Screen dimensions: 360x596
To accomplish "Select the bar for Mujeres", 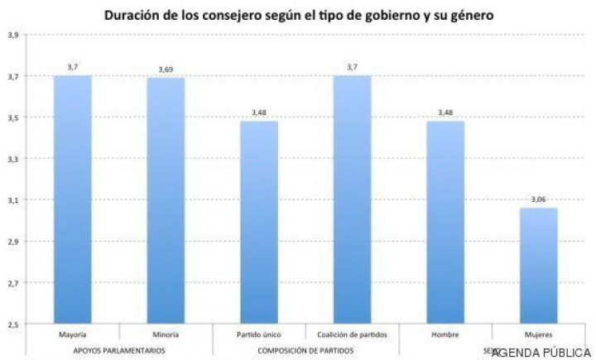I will tap(539, 265).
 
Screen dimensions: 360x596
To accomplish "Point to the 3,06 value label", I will tap(539, 199).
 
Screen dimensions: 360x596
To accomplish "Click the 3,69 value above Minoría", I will tap(166, 69).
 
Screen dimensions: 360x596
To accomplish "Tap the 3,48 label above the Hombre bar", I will tap(445, 113).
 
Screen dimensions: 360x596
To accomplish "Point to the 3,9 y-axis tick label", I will tap(12, 36).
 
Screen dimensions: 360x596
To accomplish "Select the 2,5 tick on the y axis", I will tap(12, 324).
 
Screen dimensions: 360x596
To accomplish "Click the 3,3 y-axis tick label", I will tap(12, 159).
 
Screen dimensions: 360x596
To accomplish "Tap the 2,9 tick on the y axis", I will tap(12, 242).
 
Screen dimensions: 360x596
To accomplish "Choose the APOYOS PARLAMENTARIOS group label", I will tap(119, 351).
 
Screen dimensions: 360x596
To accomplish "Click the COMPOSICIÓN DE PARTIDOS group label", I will tap(305, 351).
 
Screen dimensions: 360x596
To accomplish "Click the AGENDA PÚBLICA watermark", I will tap(541, 353).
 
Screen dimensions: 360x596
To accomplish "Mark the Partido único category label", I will tap(259, 335).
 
